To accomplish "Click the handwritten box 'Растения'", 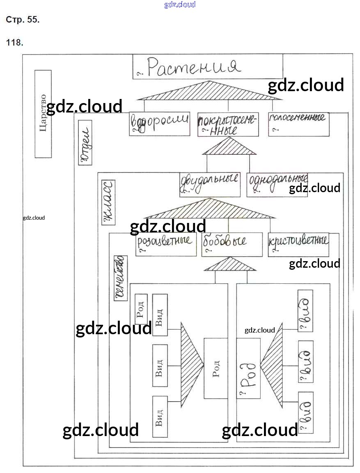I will (x=208, y=67).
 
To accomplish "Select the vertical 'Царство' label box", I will (x=43, y=114).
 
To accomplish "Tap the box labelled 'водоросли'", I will (x=159, y=124).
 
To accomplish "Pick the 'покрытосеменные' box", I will (x=228, y=124).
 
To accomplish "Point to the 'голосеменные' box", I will (x=298, y=124).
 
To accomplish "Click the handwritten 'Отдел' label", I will (x=85, y=145).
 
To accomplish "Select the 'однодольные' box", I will (x=277, y=184).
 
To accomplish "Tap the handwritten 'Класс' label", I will (x=108, y=202).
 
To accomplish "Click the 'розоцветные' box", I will (x=166, y=244).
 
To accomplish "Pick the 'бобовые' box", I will (x=232, y=244).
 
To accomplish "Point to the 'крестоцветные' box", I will (x=298, y=245).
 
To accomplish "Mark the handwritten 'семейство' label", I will (x=119, y=278).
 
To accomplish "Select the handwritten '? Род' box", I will (x=248, y=368).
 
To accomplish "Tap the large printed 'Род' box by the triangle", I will (x=216, y=368).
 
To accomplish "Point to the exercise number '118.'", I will (x=14, y=42).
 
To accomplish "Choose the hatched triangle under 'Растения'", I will (x=209, y=91).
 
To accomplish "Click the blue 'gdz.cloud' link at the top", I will (x=180, y=5).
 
